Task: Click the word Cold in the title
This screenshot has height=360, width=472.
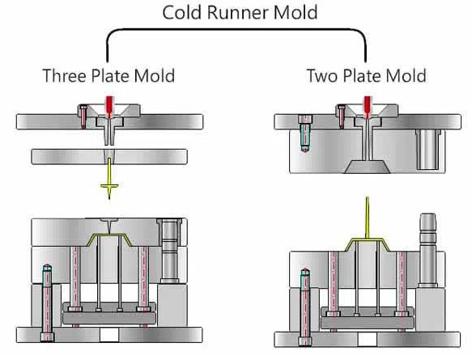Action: (x=182, y=13)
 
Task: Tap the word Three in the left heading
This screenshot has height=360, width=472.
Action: (x=65, y=75)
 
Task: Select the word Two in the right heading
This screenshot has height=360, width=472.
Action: (x=321, y=75)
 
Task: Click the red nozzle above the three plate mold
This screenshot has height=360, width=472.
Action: (x=109, y=107)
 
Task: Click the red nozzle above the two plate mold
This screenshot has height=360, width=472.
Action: (x=368, y=107)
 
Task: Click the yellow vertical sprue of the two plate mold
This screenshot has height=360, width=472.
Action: (x=367, y=217)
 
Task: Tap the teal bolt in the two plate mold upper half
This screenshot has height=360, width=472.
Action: (x=305, y=134)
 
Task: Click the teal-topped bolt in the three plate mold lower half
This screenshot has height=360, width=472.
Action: (x=47, y=303)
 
